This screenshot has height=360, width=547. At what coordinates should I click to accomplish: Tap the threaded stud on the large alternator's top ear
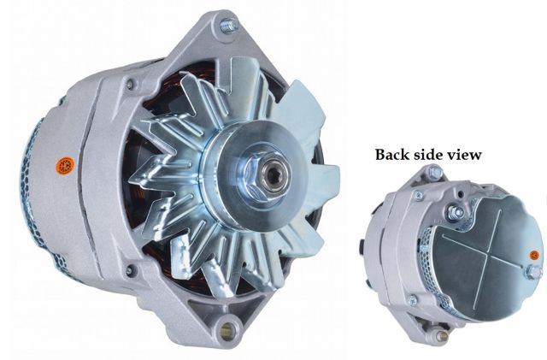[226, 26]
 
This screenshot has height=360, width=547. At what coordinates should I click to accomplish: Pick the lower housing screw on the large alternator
[130, 271]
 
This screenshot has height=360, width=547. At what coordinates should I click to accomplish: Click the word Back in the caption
[395, 155]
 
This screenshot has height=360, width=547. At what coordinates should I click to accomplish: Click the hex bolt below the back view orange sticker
[532, 272]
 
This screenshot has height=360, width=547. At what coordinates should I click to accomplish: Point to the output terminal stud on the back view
[458, 211]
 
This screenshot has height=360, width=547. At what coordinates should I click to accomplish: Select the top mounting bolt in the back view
[434, 173]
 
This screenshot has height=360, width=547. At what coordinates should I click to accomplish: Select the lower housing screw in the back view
[413, 299]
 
